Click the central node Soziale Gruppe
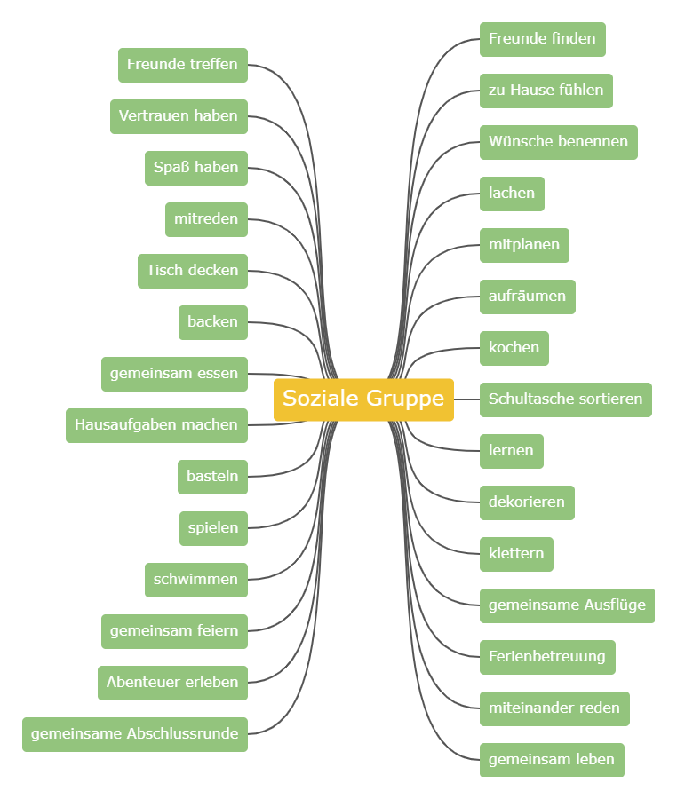pyautogui.click(x=363, y=399)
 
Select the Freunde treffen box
pyautogui.click(x=182, y=65)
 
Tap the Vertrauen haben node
pyautogui.click(x=179, y=116)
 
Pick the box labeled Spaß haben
pyautogui.click(x=195, y=168)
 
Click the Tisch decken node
pyautogui.click(x=192, y=271)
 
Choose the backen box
pyautogui.click(x=212, y=322)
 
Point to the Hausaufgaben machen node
pyautogui.click(x=156, y=425)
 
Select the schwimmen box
pyautogui.click(x=195, y=580)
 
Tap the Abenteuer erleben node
pyautogui.click(x=172, y=683)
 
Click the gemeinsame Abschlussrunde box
pyautogui.click(x=134, y=734)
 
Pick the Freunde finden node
pyautogui.click(x=542, y=39)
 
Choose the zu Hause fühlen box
pyautogui.click(x=546, y=91)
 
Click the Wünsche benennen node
pyautogui.click(x=558, y=142)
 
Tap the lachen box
pyautogui.click(x=512, y=194)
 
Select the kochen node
pyautogui.click(x=514, y=348)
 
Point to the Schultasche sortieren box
pyautogui.click(x=565, y=399)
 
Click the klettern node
pyautogui.click(x=516, y=554)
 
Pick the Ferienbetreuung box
pyautogui.click(x=546, y=657)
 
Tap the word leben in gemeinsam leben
pyautogui.click(x=595, y=760)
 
